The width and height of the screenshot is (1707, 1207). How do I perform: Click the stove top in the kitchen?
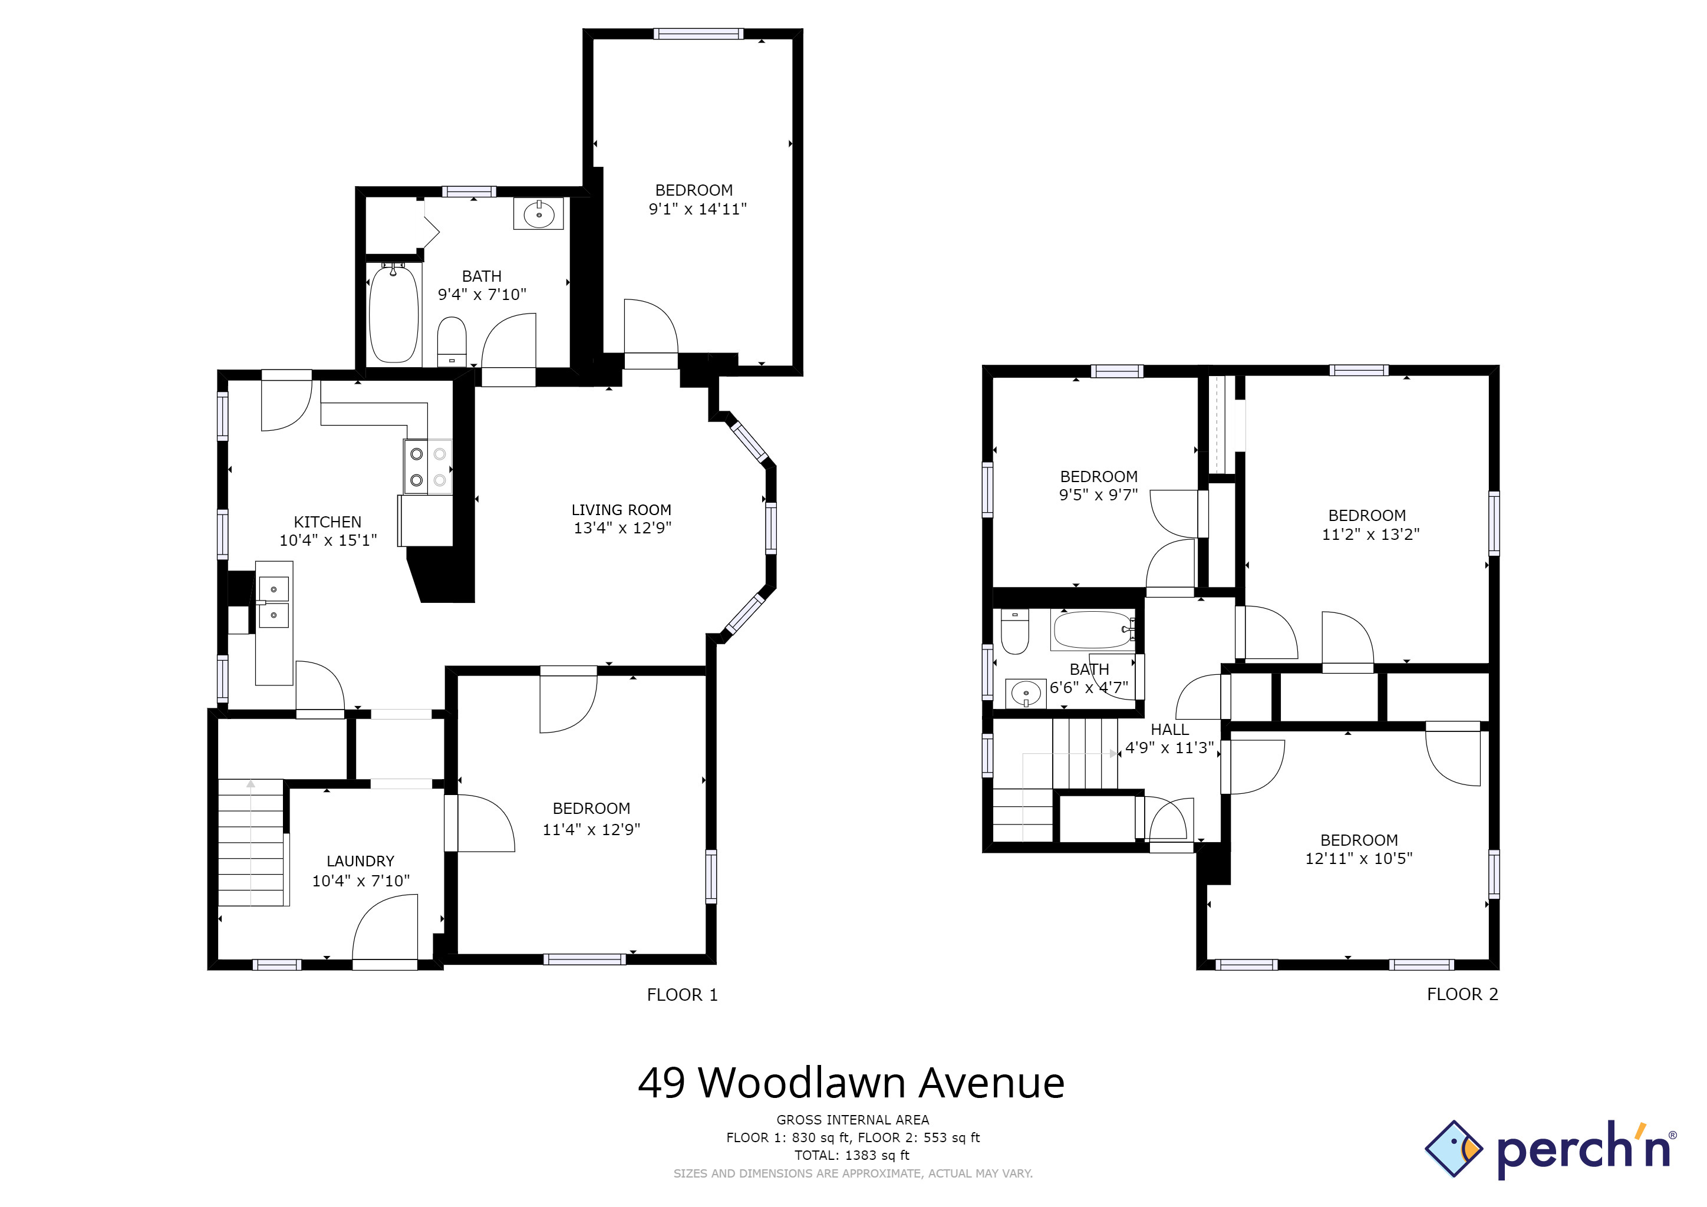[427, 467]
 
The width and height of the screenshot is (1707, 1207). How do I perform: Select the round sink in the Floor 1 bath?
[538, 214]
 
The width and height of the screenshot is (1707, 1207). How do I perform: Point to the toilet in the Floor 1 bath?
[452, 342]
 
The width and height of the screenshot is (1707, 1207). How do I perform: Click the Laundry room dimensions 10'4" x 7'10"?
[361, 880]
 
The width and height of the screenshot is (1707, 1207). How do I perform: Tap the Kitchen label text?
[327, 522]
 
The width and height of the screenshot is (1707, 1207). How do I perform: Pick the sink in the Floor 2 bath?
[1026, 694]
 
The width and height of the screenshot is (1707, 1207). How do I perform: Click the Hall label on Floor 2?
[1169, 730]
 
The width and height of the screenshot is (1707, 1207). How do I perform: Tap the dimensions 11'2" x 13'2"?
[1370, 533]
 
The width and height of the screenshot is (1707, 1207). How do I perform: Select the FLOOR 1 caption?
[682, 995]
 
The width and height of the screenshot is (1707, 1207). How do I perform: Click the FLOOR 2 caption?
[1462, 994]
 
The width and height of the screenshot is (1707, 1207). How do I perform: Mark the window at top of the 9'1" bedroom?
[698, 34]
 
